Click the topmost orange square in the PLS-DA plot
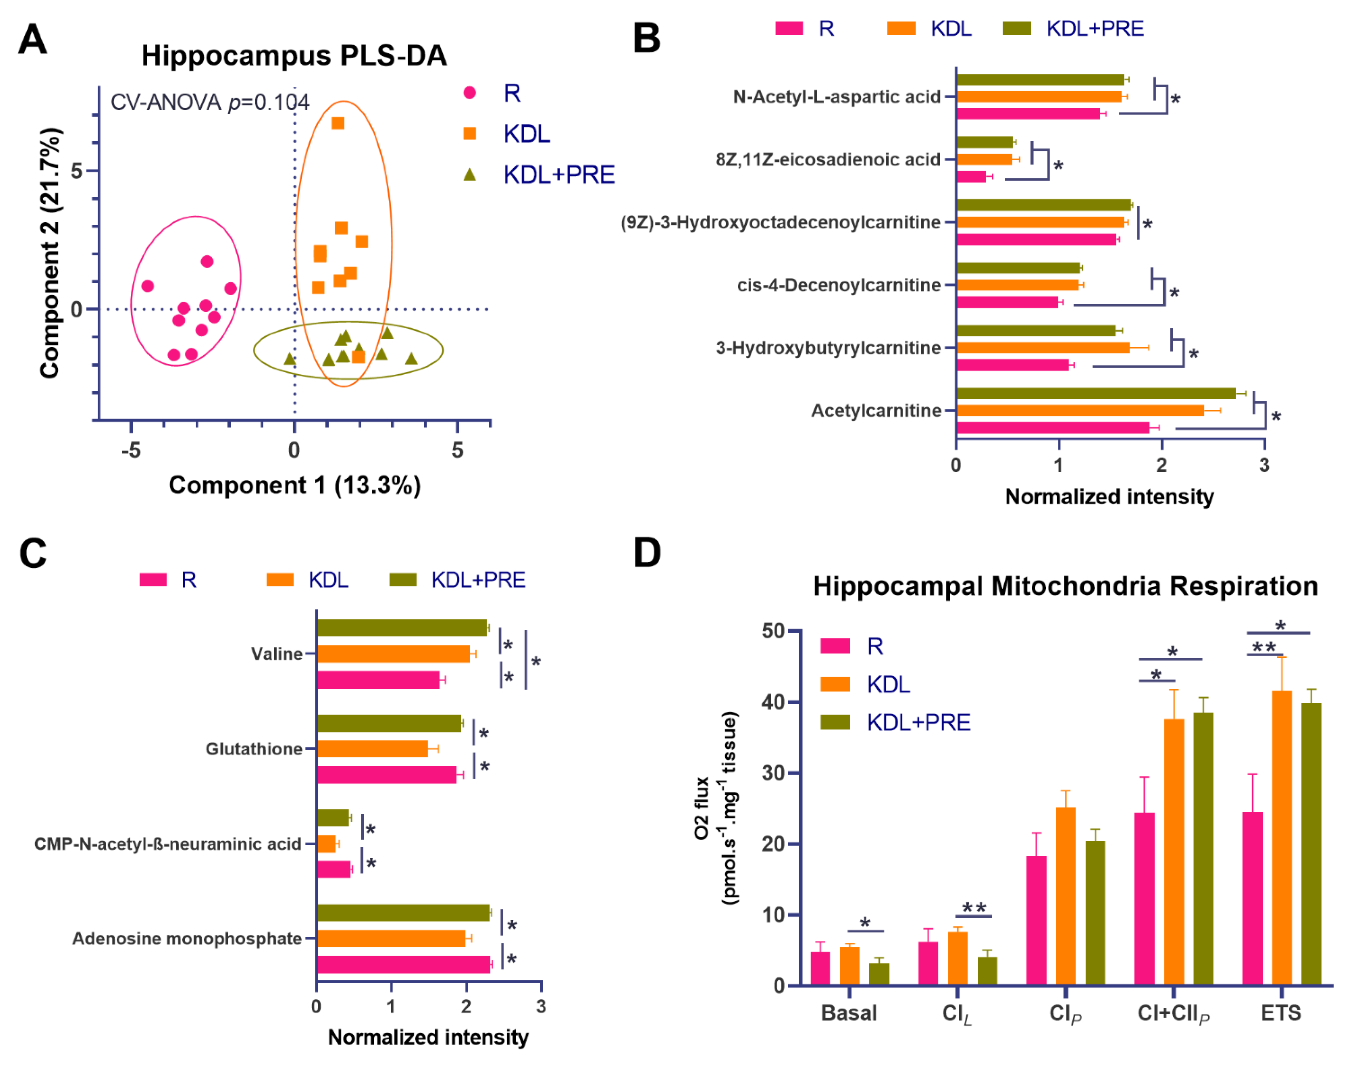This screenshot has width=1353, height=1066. tap(338, 123)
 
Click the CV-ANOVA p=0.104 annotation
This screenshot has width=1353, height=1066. tap(210, 102)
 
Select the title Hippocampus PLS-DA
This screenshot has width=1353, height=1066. tap(294, 56)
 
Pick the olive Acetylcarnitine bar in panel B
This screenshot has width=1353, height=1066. tap(1096, 393)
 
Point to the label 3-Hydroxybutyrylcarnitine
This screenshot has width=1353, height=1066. tap(828, 348)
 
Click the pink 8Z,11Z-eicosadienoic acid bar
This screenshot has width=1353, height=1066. tap(971, 177)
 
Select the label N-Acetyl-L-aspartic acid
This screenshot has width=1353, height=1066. tap(837, 97)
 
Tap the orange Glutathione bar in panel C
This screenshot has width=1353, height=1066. tap(372, 748)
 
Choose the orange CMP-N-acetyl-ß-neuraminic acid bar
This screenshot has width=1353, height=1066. tap(326, 844)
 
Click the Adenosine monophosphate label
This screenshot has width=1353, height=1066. tap(187, 939)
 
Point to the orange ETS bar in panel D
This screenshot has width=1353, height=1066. tap(1282, 838)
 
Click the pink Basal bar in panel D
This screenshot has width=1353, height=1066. tap(820, 968)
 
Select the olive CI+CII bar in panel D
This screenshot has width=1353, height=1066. tap(1203, 849)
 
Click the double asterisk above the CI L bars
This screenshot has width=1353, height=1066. tap(973, 908)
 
